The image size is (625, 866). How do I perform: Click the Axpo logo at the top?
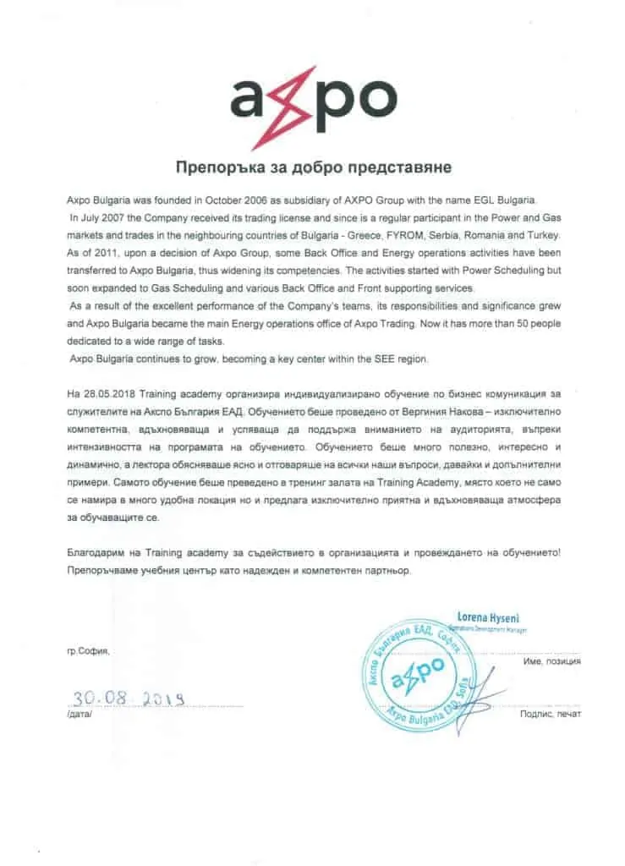tap(312, 100)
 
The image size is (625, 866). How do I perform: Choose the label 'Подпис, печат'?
tap(551, 715)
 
